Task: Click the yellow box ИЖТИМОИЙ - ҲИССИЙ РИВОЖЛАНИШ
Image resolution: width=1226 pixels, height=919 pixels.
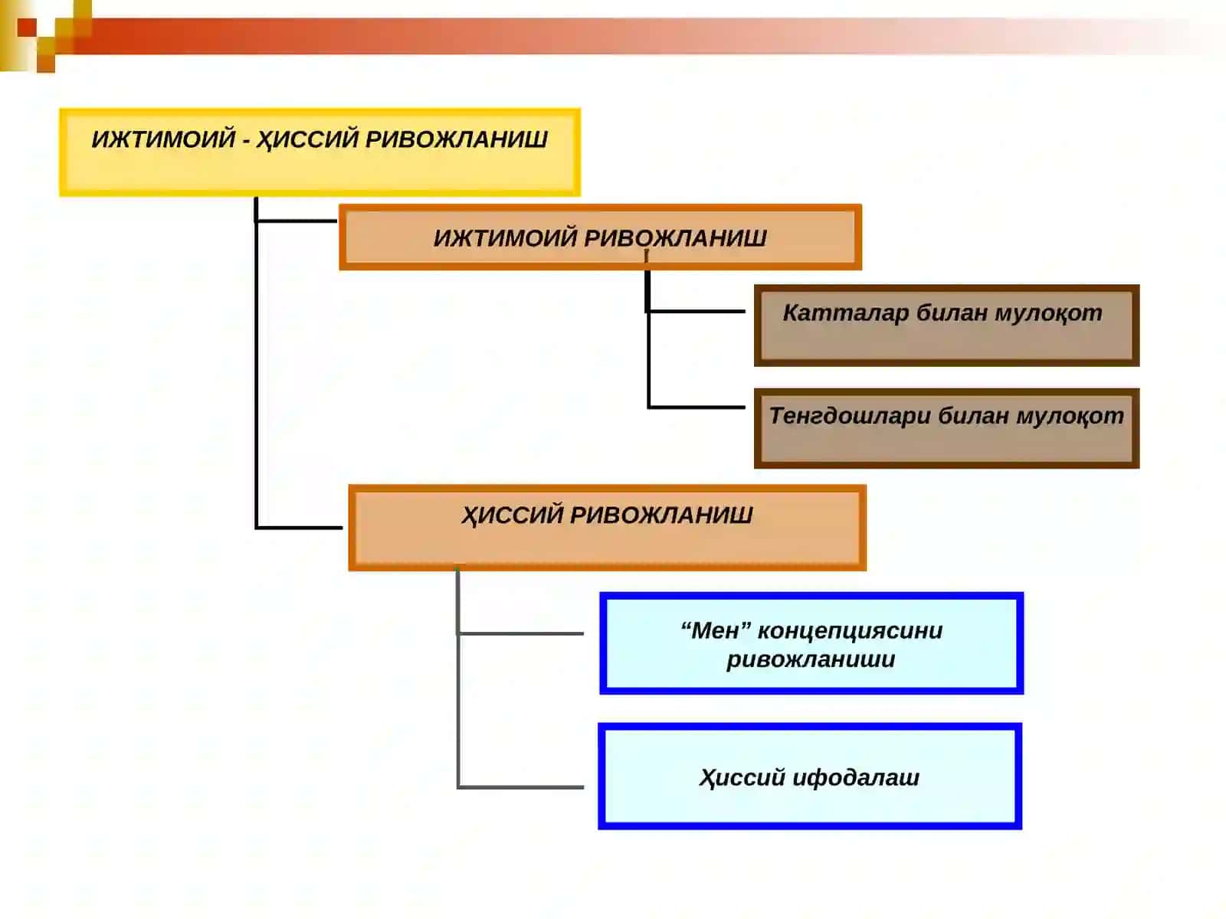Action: coord(320,152)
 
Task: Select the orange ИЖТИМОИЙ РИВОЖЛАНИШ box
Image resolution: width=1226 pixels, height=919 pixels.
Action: coord(600,237)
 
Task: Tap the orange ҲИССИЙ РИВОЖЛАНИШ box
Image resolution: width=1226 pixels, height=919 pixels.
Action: coord(607,528)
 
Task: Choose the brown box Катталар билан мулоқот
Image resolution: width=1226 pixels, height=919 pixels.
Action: coord(946,325)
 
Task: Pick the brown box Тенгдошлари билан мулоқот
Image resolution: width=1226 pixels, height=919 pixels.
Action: coord(946,428)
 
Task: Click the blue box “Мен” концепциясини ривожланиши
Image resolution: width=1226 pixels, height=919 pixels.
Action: coord(811,643)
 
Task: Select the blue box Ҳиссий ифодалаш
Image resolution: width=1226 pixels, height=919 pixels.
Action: coord(809,776)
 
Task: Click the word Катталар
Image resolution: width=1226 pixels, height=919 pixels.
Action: coord(846,313)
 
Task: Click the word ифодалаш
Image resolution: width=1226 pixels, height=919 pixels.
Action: coord(856,777)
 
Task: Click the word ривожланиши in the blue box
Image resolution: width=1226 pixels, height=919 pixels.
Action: coord(811,659)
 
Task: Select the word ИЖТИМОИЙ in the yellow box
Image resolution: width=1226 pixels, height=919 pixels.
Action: coord(164,139)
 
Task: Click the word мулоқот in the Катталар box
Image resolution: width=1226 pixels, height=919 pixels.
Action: coord(1048,313)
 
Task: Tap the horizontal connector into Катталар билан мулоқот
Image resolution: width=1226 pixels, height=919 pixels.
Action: coord(696,311)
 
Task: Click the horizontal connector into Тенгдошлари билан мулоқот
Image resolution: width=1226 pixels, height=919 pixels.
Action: coord(696,407)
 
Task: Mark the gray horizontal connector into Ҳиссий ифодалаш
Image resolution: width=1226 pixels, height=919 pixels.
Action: coord(520,787)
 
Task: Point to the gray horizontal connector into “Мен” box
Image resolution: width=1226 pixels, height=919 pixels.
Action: coord(520,634)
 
